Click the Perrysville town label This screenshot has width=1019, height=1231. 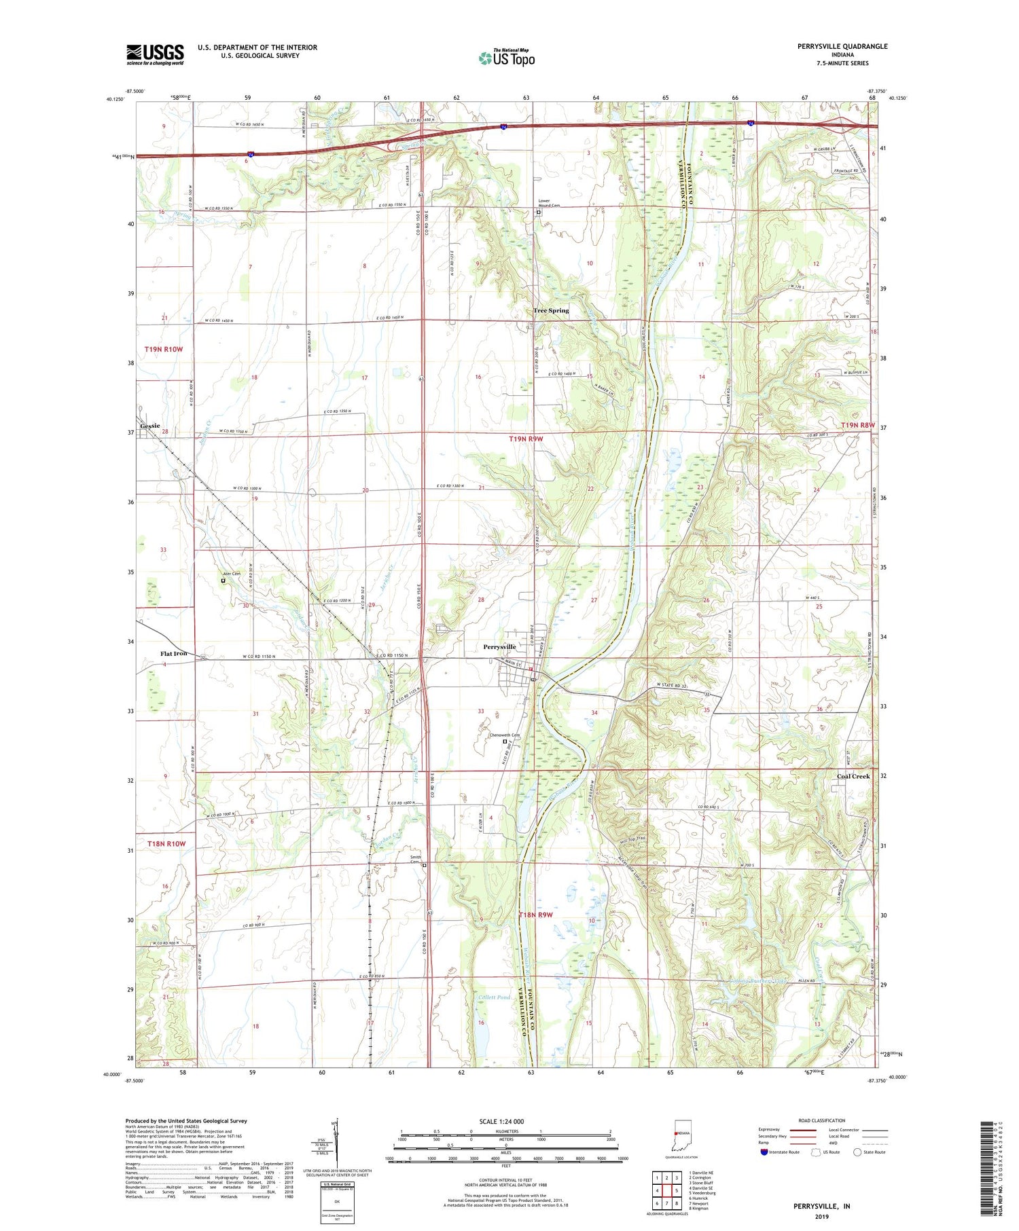(499, 647)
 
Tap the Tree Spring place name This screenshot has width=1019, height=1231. (551, 310)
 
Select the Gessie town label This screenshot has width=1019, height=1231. (151, 426)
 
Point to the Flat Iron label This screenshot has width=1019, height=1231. (173, 653)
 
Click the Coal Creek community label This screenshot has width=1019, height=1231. (853, 776)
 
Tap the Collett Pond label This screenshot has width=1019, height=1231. (495, 997)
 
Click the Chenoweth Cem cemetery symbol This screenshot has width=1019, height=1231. (505, 741)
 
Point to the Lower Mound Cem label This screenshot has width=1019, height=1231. (549, 203)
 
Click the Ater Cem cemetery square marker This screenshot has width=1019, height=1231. (223, 581)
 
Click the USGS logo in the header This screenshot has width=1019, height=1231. (155, 54)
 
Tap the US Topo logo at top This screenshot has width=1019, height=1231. (506, 58)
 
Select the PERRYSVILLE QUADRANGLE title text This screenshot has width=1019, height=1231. (833, 47)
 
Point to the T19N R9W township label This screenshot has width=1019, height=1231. (526, 439)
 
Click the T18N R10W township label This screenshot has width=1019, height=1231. (166, 843)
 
